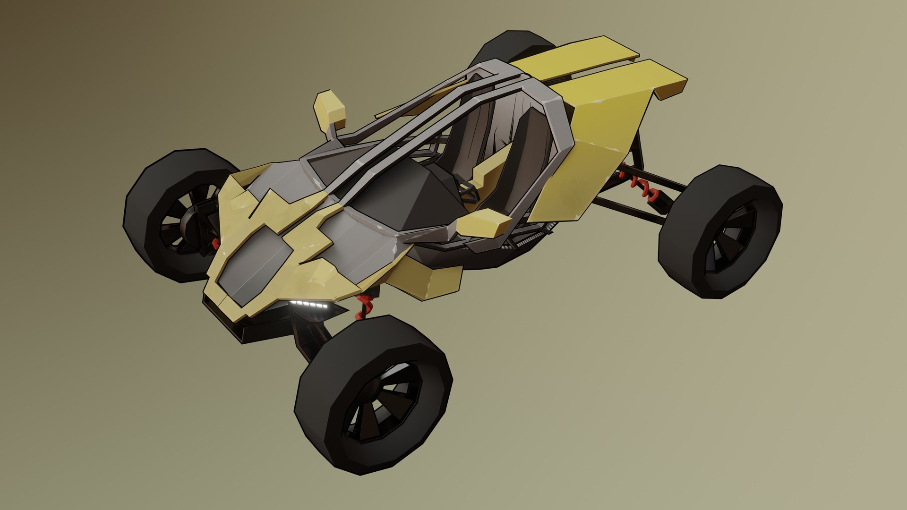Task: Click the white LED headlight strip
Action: pyautogui.click(x=309, y=305)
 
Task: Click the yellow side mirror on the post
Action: pyautogui.click(x=330, y=108)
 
